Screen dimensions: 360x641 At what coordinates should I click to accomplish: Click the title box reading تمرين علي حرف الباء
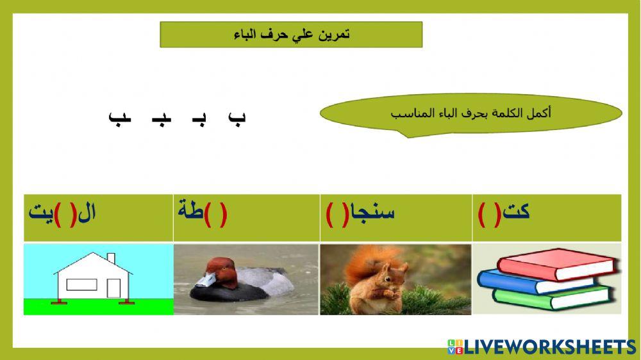[x=291, y=35]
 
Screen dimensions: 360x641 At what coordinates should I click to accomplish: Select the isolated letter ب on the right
[x=237, y=118]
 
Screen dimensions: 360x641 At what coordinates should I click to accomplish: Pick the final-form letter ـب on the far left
[x=119, y=118]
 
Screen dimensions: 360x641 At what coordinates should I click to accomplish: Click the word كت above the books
[x=517, y=211]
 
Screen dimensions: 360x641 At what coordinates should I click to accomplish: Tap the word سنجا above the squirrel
[x=370, y=211]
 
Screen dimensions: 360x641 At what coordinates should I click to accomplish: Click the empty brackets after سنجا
[x=336, y=213]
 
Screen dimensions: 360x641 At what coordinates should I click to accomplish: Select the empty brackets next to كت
[x=490, y=213]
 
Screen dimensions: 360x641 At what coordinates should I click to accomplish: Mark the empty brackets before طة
[x=218, y=213]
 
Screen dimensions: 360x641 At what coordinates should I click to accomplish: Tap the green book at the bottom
[x=551, y=297]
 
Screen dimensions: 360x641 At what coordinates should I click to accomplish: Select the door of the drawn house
[x=113, y=288]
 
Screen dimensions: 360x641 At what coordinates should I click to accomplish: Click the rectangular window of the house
[x=81, y=285]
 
